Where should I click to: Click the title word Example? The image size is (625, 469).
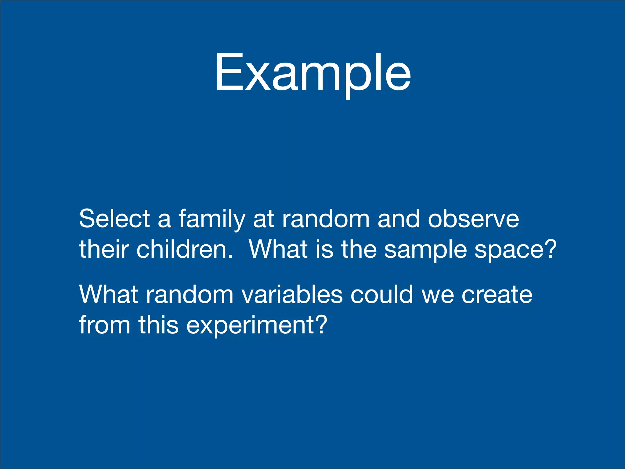click(313, 73)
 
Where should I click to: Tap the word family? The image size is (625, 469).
click(212, 219)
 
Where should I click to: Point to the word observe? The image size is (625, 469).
click(473, 219)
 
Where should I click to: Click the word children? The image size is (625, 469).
click(184, 249)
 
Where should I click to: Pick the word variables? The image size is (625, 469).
click(292, 295)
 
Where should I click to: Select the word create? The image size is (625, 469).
click(497, 295)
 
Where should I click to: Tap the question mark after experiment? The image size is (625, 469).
click(321, 324)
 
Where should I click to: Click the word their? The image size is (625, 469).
click(103, 249)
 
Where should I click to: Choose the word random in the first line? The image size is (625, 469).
click(326, 219)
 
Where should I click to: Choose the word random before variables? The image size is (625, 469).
click(190, 295)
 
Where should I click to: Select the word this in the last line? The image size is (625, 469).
click(158, 325)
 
